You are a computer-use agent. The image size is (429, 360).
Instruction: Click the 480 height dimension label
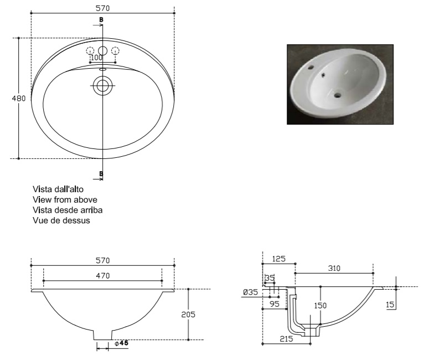point(19,98)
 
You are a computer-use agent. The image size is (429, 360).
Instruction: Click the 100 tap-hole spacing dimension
point(96,58)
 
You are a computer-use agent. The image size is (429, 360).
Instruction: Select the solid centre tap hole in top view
point(102,51)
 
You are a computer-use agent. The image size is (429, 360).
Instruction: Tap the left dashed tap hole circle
point(90,51)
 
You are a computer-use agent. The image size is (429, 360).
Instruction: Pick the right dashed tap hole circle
point(116,51)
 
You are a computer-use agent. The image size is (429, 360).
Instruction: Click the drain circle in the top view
point(102,86)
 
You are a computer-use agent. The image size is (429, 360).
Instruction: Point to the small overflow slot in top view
point(102,70)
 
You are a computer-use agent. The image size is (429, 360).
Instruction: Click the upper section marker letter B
point(101,20)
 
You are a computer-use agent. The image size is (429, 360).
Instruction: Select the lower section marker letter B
point(101,173)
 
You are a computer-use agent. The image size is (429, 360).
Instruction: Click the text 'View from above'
point(65,199)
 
